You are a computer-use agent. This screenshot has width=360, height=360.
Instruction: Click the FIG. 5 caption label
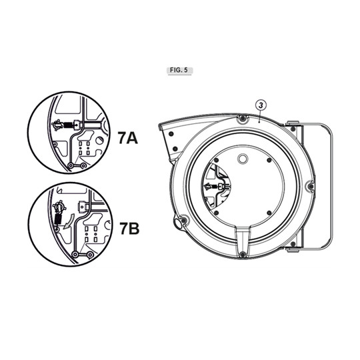pyautogui.click(x=179, y=70)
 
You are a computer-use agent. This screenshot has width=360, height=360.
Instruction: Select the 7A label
pyautogui.click(x=127, y=138)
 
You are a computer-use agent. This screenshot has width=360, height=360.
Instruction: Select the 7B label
pyautogui.click(x=127, y=229)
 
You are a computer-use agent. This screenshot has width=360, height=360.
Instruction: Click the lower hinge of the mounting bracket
pyautogui.click(x=293, y=249)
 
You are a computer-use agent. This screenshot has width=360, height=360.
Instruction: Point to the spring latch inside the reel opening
pyautogui.click(x=213, y=187)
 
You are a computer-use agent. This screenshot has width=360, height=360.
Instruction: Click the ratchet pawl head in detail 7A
pyautogui.click(x=57, y=124)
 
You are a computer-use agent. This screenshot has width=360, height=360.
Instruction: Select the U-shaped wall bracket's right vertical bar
pyautogui.click(x=331, y=187)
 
